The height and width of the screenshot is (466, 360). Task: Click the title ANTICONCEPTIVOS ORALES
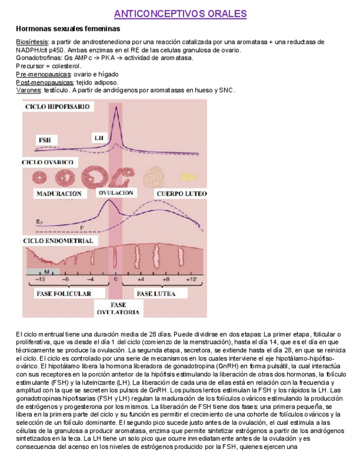click(180, 14)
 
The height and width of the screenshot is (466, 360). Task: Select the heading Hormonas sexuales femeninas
click(68, 29)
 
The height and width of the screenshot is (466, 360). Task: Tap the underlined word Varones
click(28, 90)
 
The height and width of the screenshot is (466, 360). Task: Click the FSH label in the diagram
click(45, 140)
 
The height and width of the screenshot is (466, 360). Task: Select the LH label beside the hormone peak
click(99, 137)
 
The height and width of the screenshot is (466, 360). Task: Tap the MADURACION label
click(59, 193)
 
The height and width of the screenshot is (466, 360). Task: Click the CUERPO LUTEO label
click(181, 193)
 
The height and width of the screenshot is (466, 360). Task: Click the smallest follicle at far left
click(40, 177)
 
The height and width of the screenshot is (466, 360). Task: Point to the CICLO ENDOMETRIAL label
click(58, 241)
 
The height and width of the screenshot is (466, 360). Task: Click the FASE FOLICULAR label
click(64, 293)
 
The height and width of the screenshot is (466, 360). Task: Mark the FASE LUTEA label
click(156, 293)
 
